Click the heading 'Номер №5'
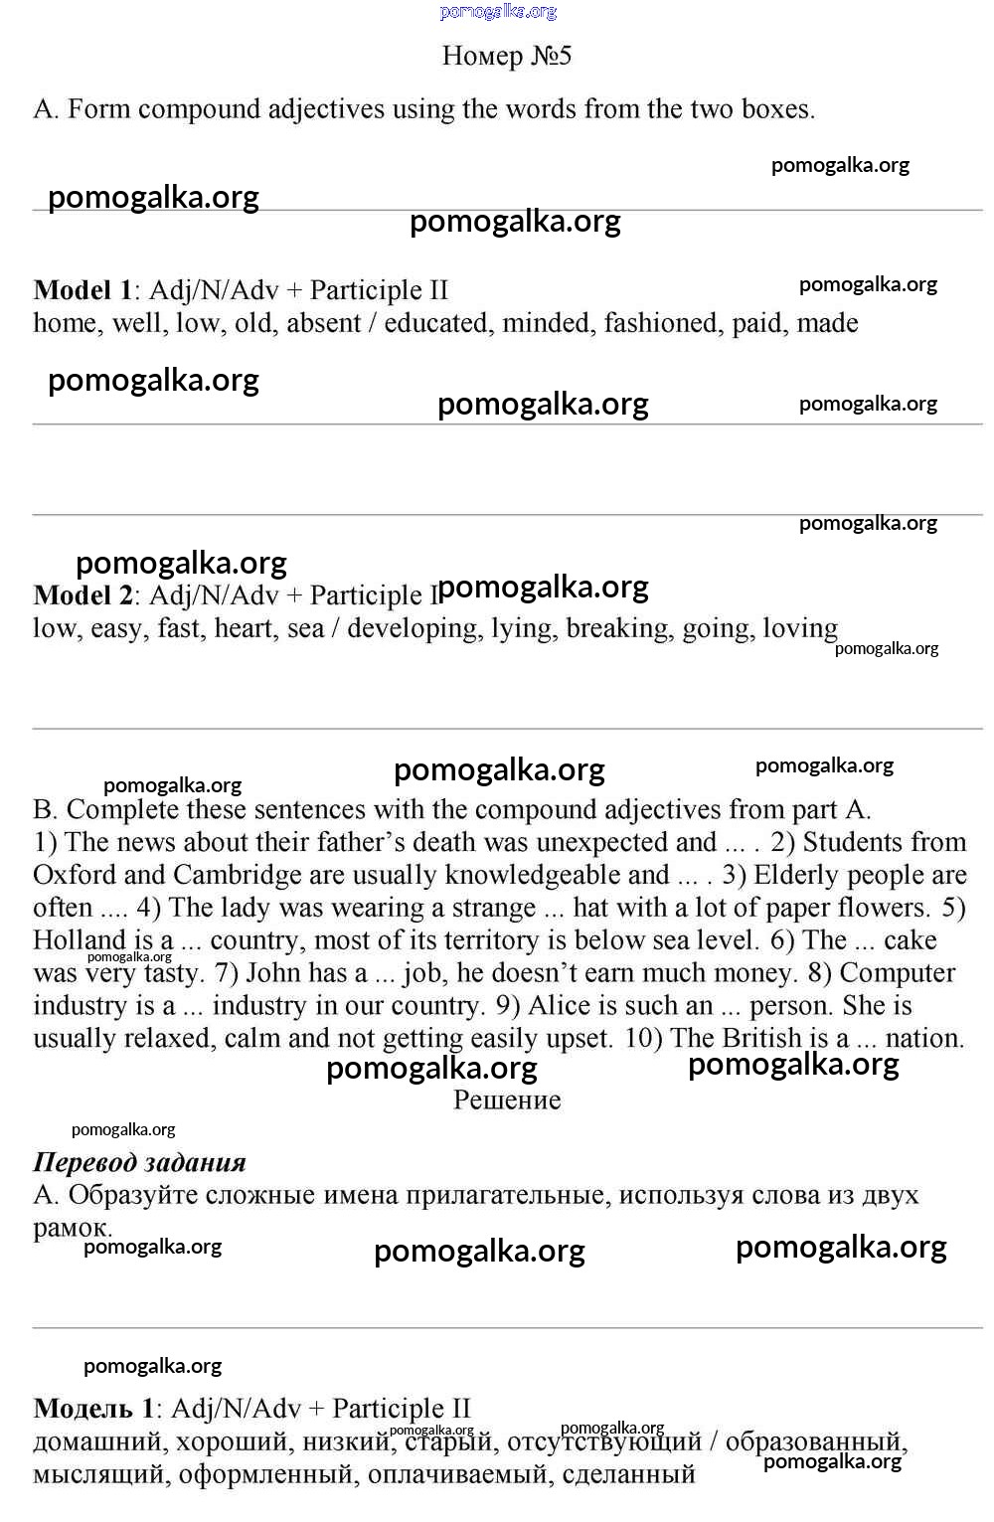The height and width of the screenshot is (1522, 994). tap(506, 56)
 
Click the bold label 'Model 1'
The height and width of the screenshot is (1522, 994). tap(83, 290)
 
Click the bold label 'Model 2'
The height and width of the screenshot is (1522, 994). tap(83, 595)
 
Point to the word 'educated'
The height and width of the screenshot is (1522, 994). tap(436, 323)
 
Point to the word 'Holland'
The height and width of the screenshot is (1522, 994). tap(79, 940)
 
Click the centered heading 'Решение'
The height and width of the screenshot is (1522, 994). tap(507, 1100)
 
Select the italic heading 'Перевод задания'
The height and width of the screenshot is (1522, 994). tap(139, 1163)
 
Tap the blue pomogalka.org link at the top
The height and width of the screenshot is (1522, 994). tap(498, 12)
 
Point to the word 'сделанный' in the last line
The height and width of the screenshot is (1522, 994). tap(628, 1474)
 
